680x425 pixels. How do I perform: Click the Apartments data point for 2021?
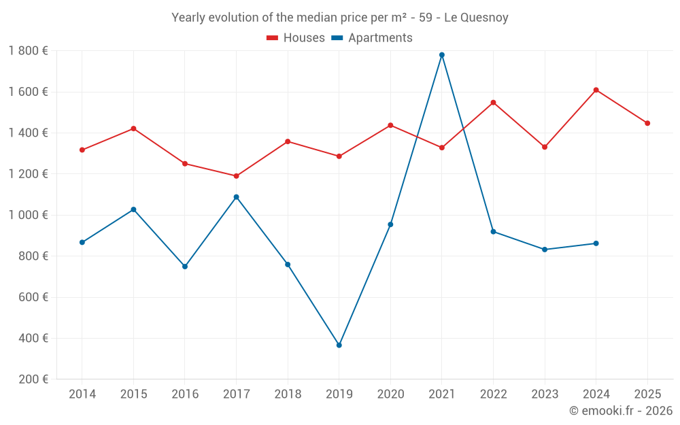pos(442,55)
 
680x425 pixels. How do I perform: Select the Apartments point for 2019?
pos(339,345)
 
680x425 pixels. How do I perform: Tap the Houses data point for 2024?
pos(596,90)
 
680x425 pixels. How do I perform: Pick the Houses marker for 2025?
pos(647,123)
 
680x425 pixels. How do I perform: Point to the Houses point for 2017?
pos(237,176)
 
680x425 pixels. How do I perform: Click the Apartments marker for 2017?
pos(237,197)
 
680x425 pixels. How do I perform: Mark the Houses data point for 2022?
pos(494,103)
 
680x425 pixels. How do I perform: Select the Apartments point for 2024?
pos(596,243)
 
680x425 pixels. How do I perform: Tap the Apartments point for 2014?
pos(82,242)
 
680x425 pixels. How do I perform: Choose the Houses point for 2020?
pos(390,125)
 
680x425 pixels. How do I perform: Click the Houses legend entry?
pos(296,38)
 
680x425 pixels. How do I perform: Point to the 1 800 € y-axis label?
pos(28,51)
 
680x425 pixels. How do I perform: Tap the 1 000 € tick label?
pos(28,215)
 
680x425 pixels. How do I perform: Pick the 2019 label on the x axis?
pos(339,394)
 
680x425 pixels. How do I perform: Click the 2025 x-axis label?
pos(647,394)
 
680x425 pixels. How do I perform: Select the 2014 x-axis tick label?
pos(82,394)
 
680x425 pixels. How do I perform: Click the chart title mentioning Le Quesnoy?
pos(340,18)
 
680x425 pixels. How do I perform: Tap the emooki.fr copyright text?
pos(621,411)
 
